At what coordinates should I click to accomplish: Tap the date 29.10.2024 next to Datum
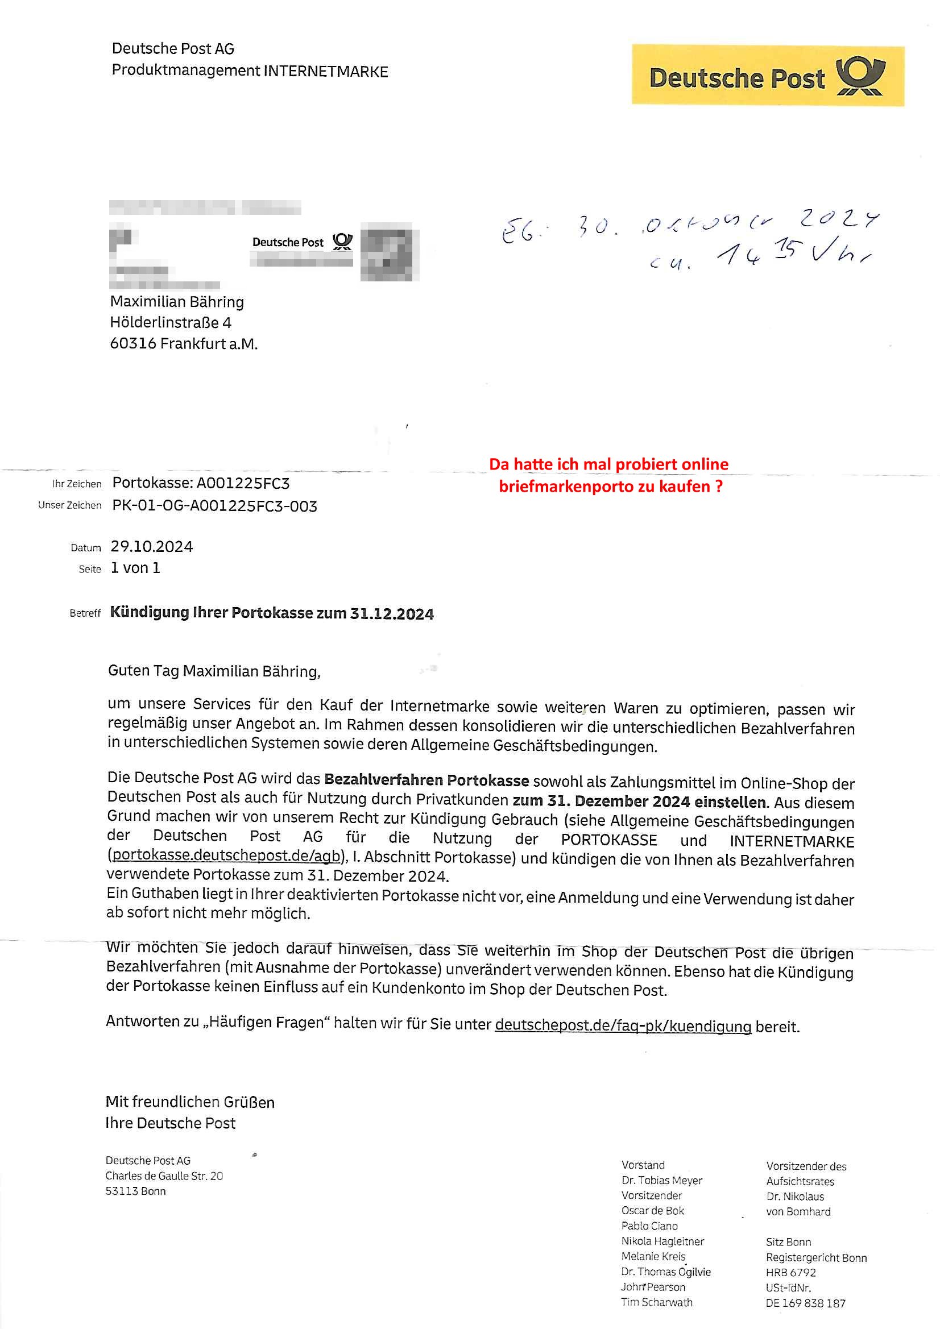152,547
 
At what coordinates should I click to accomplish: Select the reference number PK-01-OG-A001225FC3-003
214,506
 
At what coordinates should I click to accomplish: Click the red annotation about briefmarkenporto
608,475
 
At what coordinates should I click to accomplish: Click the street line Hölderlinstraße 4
170,322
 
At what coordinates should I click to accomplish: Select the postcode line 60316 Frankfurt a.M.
184,343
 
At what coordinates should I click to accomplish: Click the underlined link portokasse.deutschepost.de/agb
226,855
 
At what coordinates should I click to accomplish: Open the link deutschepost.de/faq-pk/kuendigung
623,1025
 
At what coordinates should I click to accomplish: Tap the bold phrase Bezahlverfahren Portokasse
426,780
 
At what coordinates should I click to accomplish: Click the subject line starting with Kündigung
272,613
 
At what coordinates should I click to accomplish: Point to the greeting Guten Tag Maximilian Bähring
214,671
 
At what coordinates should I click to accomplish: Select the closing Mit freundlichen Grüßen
190,1102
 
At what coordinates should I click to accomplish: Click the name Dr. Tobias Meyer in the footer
661,1180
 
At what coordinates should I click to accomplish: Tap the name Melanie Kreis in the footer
653,1256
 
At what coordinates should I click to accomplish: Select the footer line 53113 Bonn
135,1191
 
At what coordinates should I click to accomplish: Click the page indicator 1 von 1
135,568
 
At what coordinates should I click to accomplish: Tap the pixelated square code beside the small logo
389,252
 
